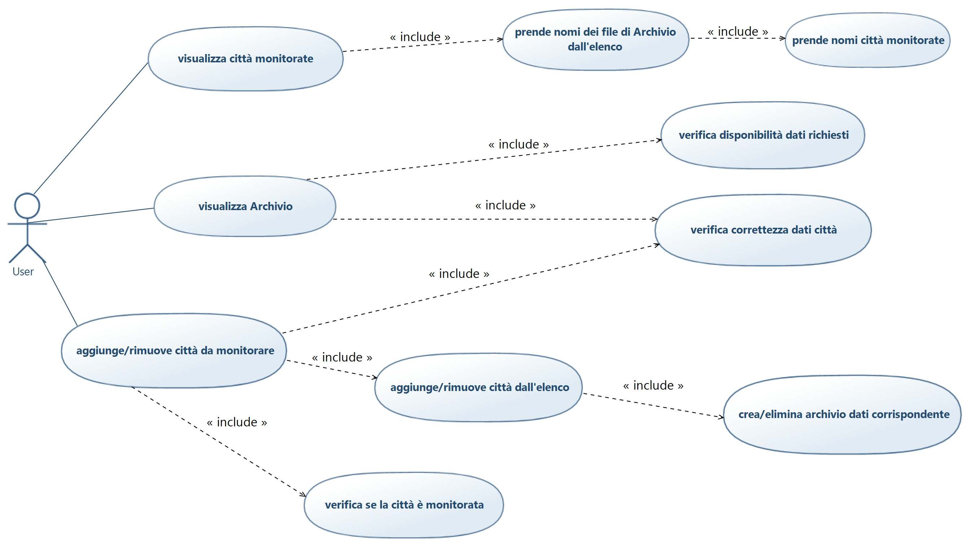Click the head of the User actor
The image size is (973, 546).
[27, 206]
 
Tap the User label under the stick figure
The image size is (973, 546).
[23, 271]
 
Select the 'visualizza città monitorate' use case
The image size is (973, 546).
[246, 59]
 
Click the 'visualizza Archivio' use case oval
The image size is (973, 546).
[245, 207]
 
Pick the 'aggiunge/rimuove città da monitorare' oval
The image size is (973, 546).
[174, 350]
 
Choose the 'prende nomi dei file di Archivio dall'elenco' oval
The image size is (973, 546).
[595, 40]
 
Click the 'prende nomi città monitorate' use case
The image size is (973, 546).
[868, 40]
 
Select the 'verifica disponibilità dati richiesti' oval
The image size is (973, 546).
[763, 135]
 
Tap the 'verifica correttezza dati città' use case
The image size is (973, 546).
[763, 230]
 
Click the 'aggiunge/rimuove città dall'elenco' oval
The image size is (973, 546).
[479, 387]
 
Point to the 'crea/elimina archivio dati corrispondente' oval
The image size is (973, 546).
[843, 414]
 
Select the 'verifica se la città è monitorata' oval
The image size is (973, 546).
[404, 505]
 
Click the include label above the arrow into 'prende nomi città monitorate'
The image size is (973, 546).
[738, 31]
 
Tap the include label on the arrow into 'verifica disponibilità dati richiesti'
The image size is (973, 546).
[518, 144]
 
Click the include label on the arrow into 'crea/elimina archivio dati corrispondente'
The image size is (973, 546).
[653, 386]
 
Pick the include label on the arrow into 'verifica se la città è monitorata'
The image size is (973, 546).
[237, 422]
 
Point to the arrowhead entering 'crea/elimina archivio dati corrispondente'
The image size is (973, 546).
[721, 417]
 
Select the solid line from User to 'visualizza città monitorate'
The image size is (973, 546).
[91, 128]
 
